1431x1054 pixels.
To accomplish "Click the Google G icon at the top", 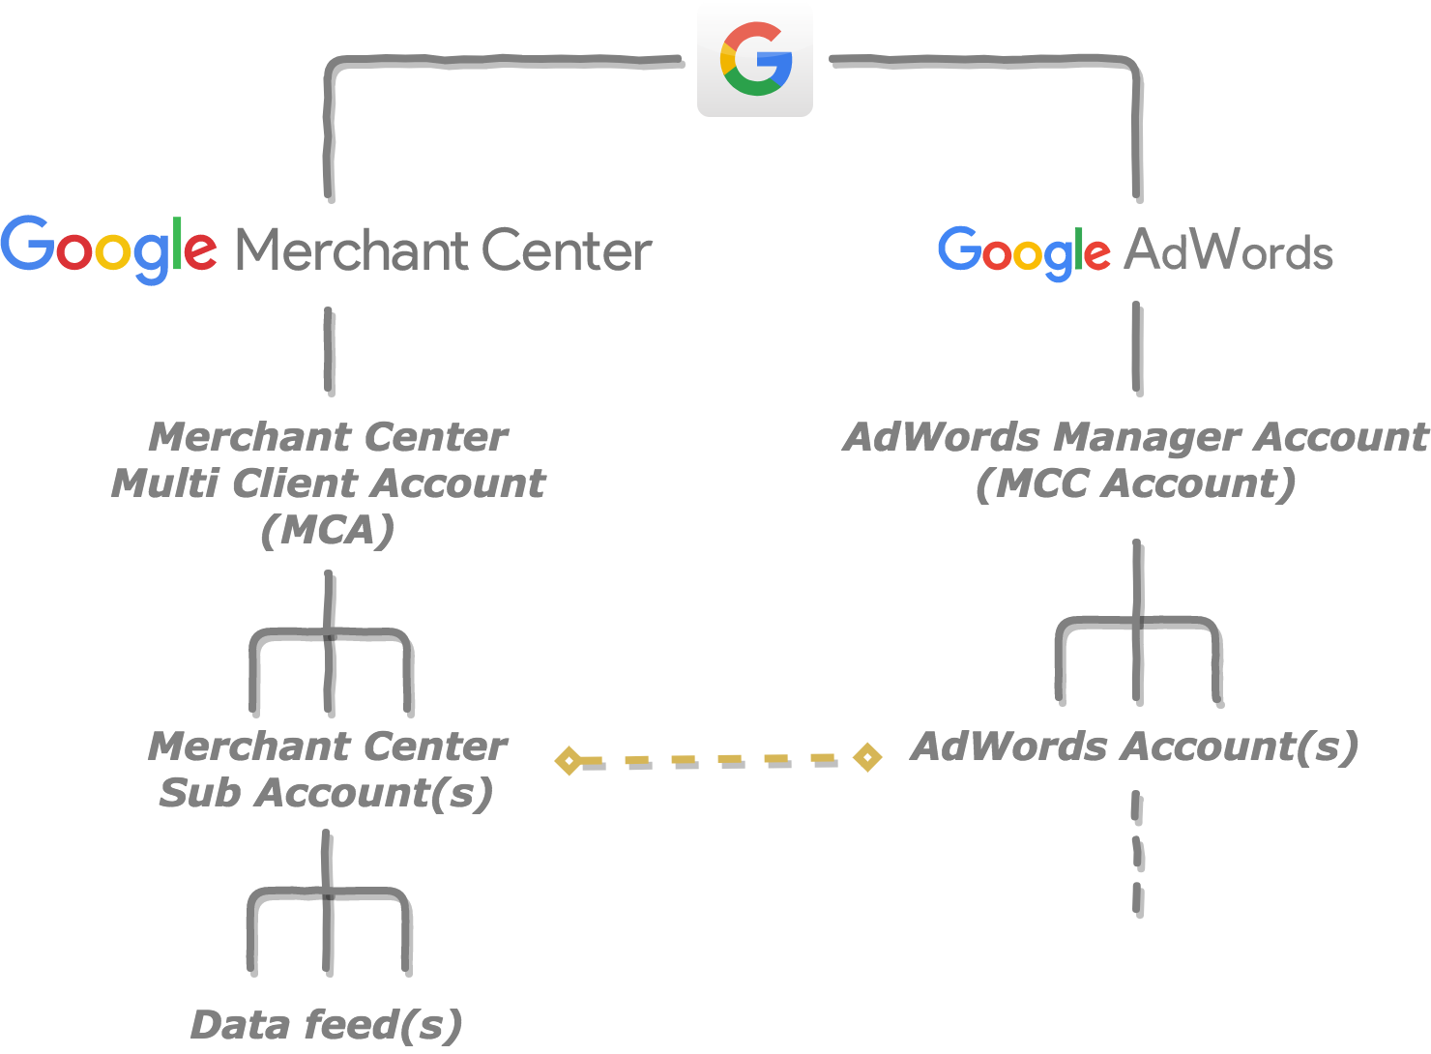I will tap(755, 59).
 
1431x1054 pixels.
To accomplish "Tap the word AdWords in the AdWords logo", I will tap(1228, 251).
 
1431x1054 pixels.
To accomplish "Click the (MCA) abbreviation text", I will tap(328, 530).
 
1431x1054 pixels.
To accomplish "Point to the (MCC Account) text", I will tap(1135, 483).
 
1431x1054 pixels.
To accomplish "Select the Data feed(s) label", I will tap(327, 1025).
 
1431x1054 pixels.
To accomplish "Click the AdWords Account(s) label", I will tap(1135, 747).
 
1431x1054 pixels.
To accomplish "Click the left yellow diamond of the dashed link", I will tap(569, 760).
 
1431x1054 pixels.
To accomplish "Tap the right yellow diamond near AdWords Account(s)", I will tap(867, 757).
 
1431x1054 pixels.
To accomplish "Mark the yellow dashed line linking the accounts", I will tap(717, 759).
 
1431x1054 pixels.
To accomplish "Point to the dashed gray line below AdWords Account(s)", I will tap(1136, 851).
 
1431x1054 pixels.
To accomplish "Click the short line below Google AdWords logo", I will tap(1135, 345).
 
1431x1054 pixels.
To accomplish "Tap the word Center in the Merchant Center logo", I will tap(566, 250).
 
